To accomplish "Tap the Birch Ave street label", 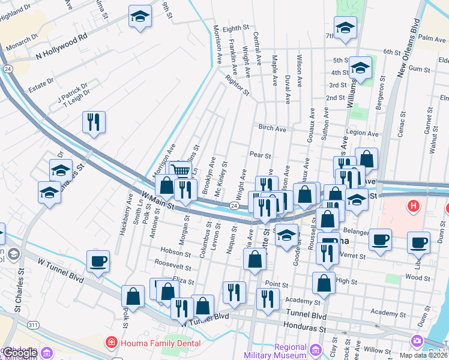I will point(273,128).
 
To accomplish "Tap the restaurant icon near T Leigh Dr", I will point(94,122).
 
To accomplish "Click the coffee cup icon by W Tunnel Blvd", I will point(98,261).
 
